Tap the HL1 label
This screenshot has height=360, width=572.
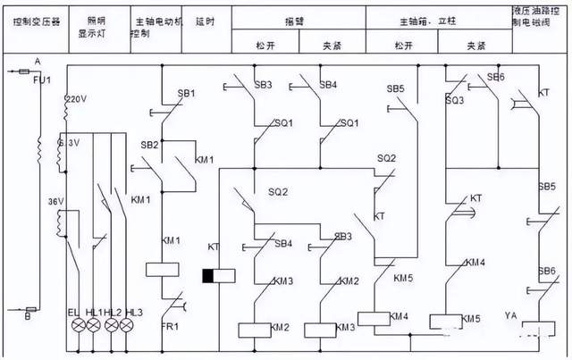coord(93,312)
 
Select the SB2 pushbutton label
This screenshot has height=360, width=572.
coord(148,145)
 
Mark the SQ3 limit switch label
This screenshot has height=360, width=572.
coord(455,101)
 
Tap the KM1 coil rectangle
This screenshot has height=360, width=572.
coord(162,269)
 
